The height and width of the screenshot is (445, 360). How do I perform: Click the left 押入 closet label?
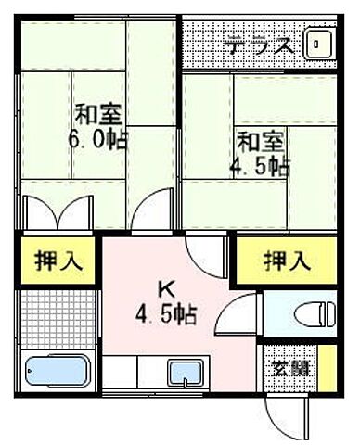point(56,261)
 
